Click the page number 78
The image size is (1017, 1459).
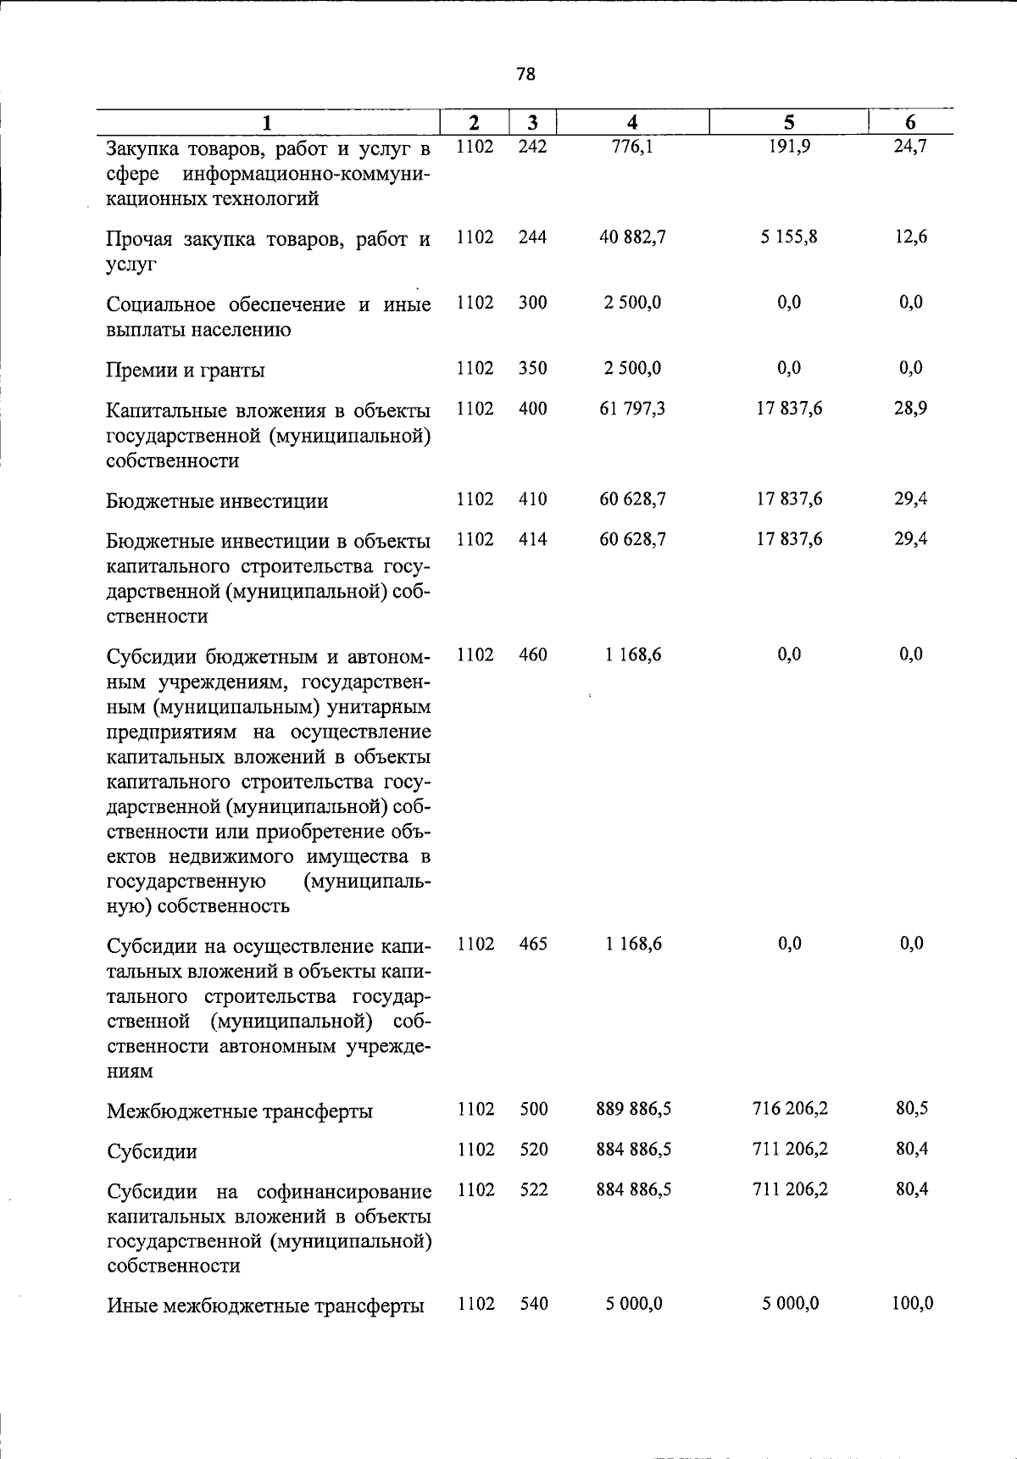525,75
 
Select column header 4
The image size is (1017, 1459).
632,123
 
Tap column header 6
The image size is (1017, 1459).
910,123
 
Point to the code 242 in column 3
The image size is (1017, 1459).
532,147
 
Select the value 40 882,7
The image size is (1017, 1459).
632,237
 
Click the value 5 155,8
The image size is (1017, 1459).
788,237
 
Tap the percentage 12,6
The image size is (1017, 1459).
910,237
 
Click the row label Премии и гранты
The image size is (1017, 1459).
186,370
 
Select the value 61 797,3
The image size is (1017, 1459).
632,409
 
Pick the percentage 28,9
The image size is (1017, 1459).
910,409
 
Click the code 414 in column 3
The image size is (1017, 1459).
532,539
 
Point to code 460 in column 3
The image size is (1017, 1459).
532,654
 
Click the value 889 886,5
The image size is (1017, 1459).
633,1109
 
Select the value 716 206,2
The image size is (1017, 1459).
789,1109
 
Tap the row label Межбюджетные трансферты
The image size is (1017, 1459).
240,1111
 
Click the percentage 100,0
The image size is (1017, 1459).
912,1304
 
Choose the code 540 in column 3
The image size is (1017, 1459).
534,1304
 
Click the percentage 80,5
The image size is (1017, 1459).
911,1109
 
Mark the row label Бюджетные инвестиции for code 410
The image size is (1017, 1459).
217,501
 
